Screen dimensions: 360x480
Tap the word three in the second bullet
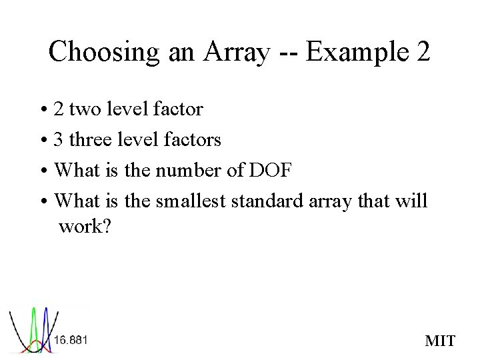tap(91, 139)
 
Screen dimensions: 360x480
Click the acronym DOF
tap(270, 170)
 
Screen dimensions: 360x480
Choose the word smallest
tap(193, 200)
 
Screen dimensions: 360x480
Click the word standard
tap(271, 200)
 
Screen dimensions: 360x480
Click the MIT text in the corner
tap(440, 342)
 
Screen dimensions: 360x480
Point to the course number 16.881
tap(71, 340)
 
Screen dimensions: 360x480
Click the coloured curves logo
tap(31, 330)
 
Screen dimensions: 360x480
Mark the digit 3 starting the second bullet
tap(59, 139)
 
